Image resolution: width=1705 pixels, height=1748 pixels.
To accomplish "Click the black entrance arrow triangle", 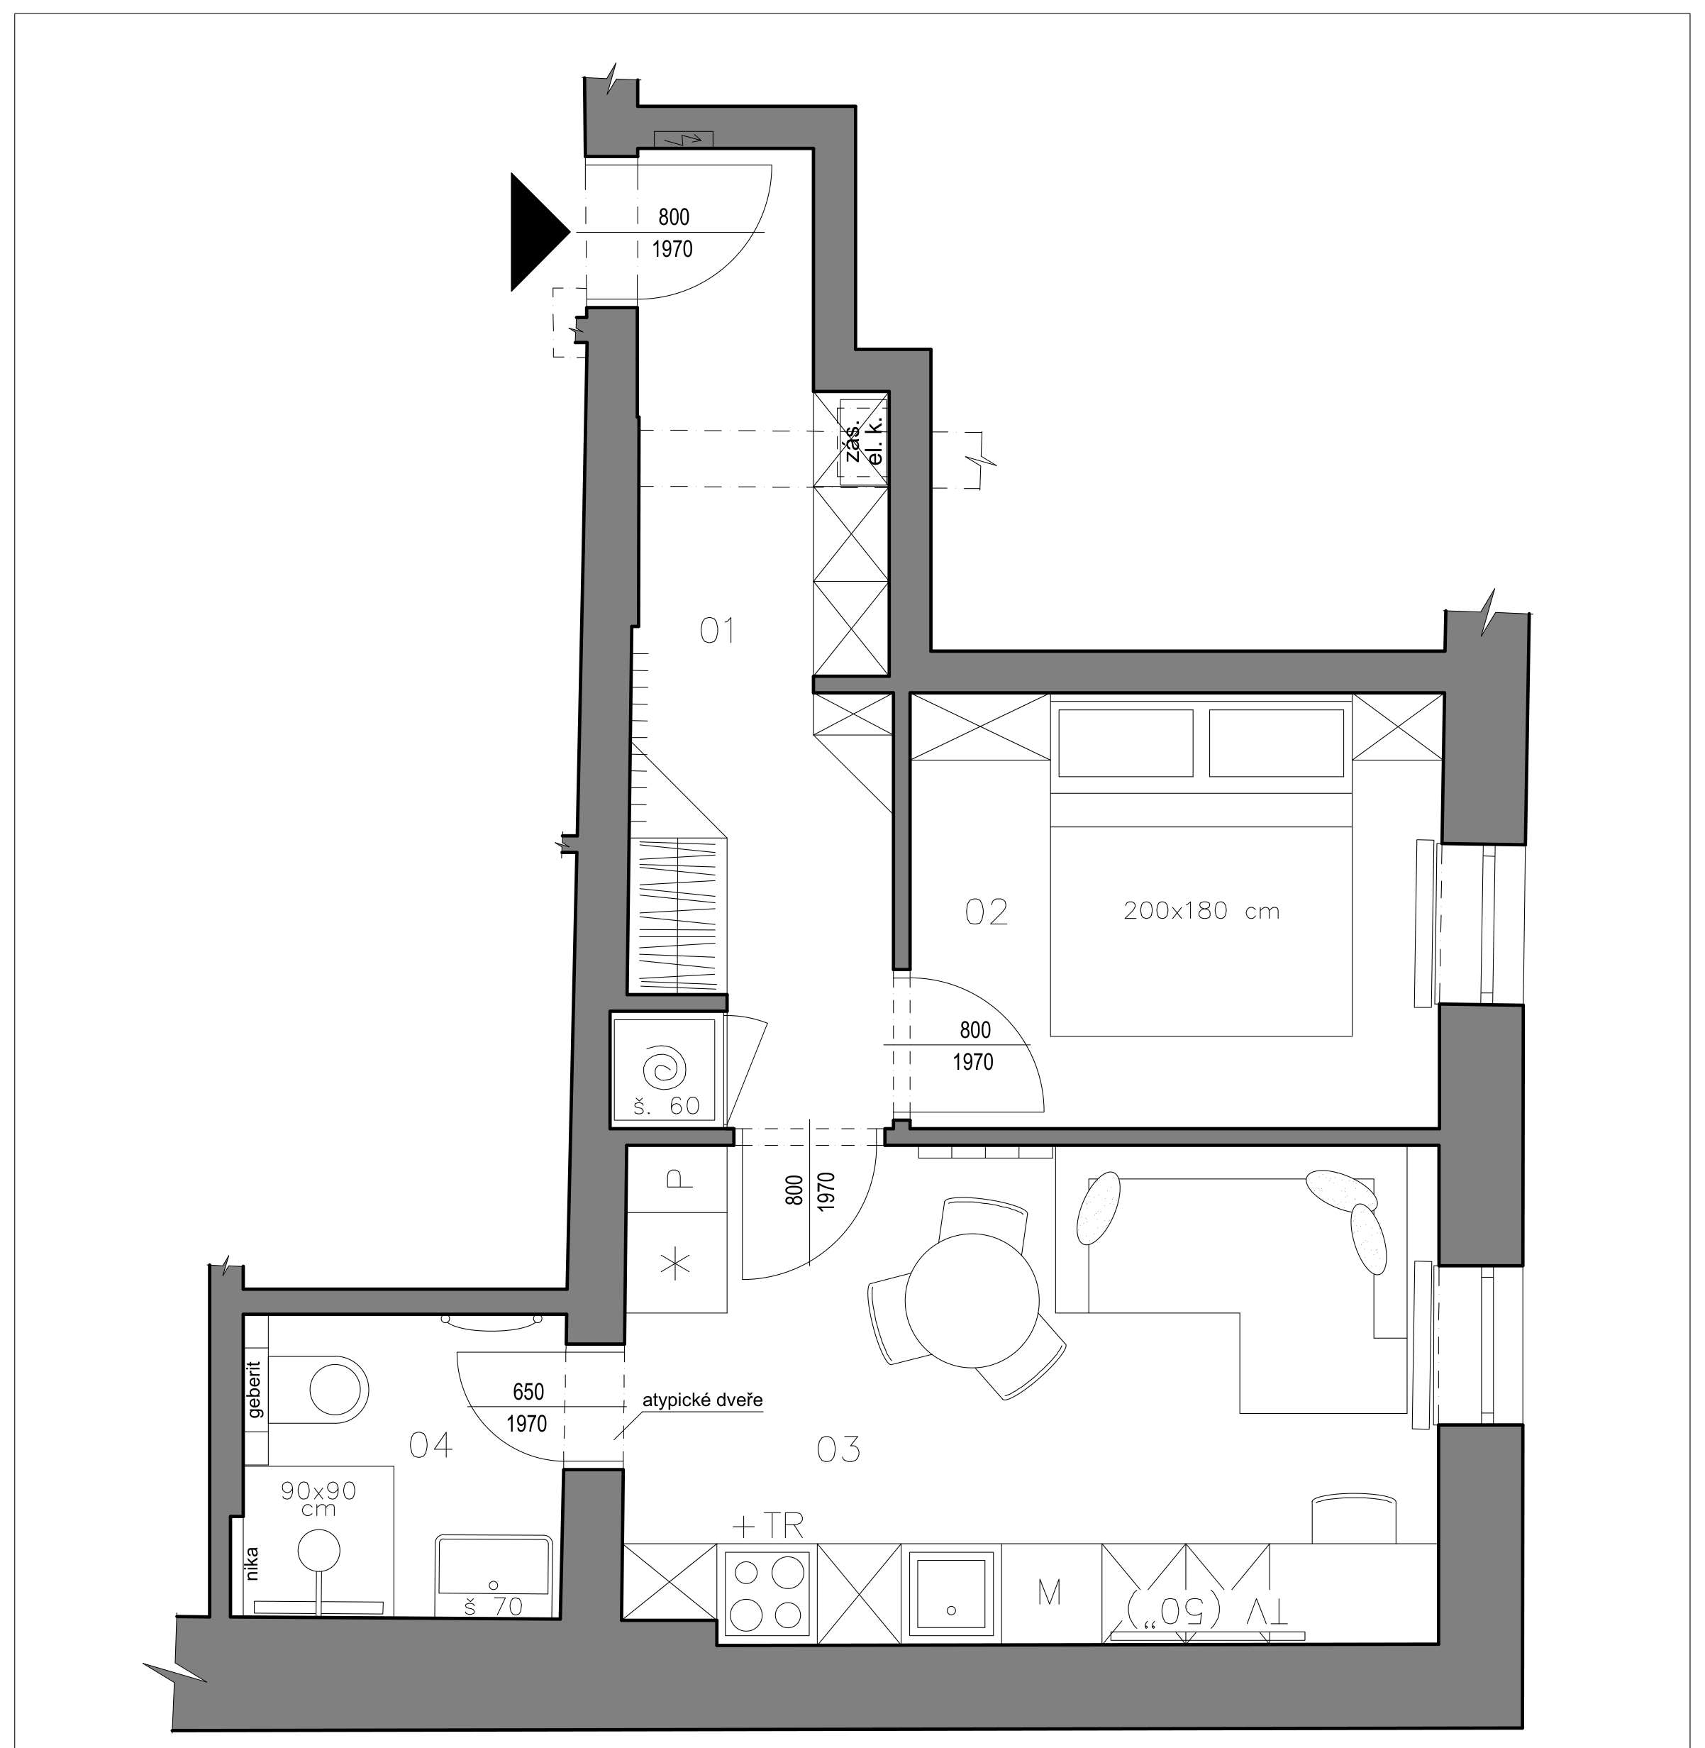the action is tap(535, 232).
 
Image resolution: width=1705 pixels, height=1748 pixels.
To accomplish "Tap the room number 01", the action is tap(717, 631).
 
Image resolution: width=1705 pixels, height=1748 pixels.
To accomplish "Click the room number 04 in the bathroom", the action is tap(430, 1444).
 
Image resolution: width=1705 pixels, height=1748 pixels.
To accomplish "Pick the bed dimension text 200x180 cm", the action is tap(1201, 912).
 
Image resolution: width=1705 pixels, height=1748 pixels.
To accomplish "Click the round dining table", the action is tap(972, 1300).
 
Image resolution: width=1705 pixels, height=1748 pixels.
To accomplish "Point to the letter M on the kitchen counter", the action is tap(1049, 1593).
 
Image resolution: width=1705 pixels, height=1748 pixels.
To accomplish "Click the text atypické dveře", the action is tap(702, 1400).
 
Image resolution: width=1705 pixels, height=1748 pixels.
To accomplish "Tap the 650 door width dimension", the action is tap(528, 1392).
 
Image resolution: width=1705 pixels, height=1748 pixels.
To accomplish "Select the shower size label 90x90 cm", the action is tap(318, 1499).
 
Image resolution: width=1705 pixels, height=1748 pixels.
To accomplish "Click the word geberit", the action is tap(255, 1390).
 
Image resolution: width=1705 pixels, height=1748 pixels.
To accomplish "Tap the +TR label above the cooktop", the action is tap(767, 1525).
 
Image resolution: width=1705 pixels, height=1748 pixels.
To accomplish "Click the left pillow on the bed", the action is tap(1126, 743).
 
